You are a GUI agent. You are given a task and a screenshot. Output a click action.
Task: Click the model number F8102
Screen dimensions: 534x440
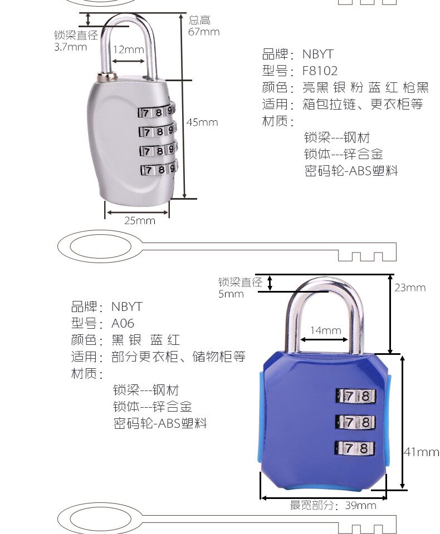pyautogui.click(x=320, y=71)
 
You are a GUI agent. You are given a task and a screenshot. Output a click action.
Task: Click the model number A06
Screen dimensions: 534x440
pyautogui.click(x=123, y=323)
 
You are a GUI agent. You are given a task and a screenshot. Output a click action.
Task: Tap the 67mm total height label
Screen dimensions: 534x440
pyautogui.click(x=204, y=32)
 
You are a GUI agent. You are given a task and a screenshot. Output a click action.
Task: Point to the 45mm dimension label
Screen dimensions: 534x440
pyautogui.click(x=202, y=122)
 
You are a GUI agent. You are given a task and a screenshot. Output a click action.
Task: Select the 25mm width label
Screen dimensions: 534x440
pyautogui.click(x=139, y=221)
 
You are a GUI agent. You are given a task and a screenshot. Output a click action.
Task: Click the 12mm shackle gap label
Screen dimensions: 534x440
pyautogui.click(x=129, y=50)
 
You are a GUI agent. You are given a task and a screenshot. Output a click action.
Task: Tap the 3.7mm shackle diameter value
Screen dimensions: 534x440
pyautogui.click(x=70, y=47)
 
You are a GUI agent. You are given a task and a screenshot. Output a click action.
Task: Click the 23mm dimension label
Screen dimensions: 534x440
pyautogui.click(x=410, y=288)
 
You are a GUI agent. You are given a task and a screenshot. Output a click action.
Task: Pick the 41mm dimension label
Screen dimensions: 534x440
pyautogui.click(x=421, y=452)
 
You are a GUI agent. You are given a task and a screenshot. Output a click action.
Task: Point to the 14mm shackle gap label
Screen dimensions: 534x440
pyautogui.click(x=325, y=330)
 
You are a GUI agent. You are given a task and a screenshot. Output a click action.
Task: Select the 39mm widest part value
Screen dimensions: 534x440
pyautogui.click(x=360, y=506)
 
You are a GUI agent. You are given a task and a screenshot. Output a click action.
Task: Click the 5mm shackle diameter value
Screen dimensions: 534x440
pyautogui.click(x=231, y=294)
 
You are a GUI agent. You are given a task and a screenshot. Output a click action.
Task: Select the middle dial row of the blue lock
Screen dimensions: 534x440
pyautogui.click(x=355, y=422)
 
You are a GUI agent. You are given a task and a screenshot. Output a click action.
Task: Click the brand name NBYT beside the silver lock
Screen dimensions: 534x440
pyautogui.click(x=317, y=54)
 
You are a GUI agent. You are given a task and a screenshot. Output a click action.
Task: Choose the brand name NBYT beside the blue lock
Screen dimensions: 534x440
pyautogui.click(x=126, y=306)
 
